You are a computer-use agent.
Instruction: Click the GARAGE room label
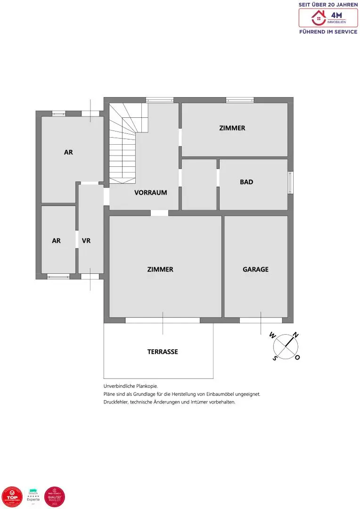(255, 270)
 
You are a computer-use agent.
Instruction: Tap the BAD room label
(246, 182)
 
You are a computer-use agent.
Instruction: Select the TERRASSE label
(163, 352)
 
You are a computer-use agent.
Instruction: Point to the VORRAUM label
(150, 192)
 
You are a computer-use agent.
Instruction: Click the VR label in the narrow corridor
(86, 240)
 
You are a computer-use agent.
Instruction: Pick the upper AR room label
(68, 152)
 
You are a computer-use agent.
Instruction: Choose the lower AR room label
(56, 240)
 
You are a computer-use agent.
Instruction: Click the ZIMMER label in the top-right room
(232, 128)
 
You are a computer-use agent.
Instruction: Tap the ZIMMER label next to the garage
(160, 270)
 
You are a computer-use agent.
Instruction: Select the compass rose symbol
(285, 347)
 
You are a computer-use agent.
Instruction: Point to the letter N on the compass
(295, 336)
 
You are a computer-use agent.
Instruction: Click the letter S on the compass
(275, 358)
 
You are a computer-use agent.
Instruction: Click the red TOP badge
(12, 497)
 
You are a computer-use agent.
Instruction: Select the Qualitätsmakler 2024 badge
(54, 497)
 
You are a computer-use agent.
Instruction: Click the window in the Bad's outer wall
(290, 182)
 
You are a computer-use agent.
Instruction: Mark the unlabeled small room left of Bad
(199, 185)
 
